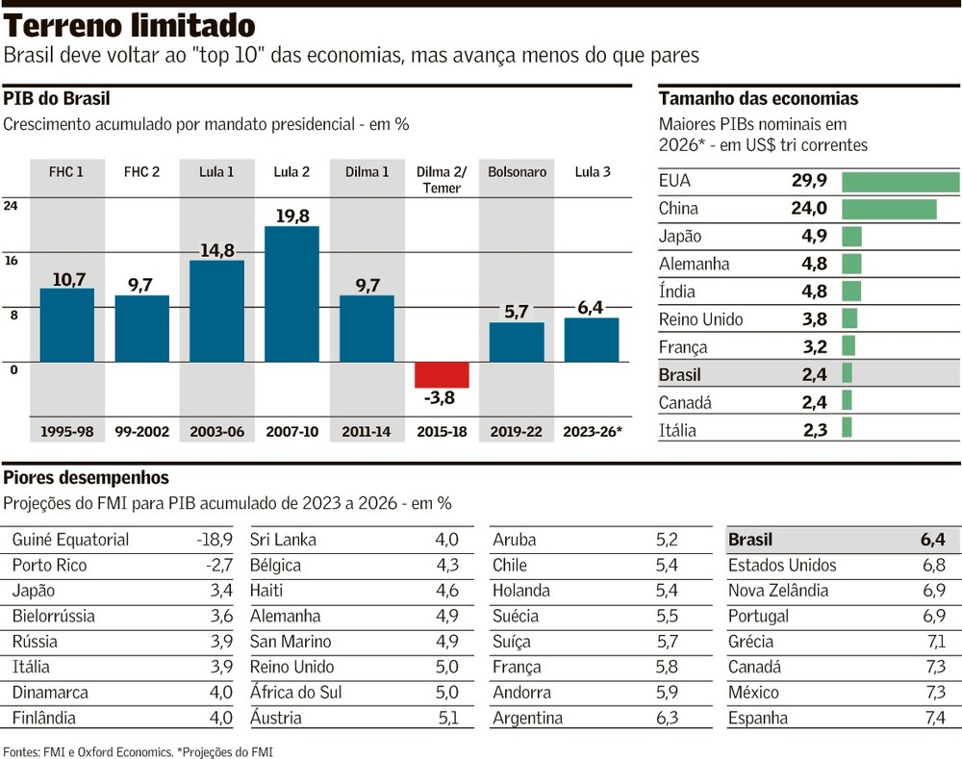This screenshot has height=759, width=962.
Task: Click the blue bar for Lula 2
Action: pyautogui.click(x=291, y=293)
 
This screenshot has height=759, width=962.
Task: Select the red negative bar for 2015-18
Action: pyautogui.click(x=442, y=374)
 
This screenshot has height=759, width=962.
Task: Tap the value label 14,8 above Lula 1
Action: pyautogui.click(x=217, y=250)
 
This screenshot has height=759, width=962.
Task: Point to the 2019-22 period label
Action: pyautogui.click(x=517, y=432)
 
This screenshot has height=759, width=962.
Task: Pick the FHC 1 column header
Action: pyautogui.click(x=66, y=172)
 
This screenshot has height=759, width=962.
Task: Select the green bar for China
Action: pyautogui.click(x=888, y=209)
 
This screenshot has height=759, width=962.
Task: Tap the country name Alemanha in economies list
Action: pyautogui.click(x=694, y=264)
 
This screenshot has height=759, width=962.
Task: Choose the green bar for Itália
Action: pyautogui.click(x=847, y=428)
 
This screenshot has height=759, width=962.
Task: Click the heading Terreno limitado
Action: pyautogui.click(x=130, y=26)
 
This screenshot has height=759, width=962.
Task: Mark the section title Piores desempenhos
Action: pyautogui.click(x=86, y=478)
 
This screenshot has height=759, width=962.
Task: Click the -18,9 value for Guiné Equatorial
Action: pyautogui.click(x=214, y=540)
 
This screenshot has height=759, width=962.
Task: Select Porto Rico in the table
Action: pyautogui.click(x=49, y=566)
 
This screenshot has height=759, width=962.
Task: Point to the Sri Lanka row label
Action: pyautogui.click(x=283, y=540)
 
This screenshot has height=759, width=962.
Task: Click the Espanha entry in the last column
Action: pyautogui.click(x=757, y=718)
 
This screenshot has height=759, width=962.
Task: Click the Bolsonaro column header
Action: pyautogui.click(x=517, y=172)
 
